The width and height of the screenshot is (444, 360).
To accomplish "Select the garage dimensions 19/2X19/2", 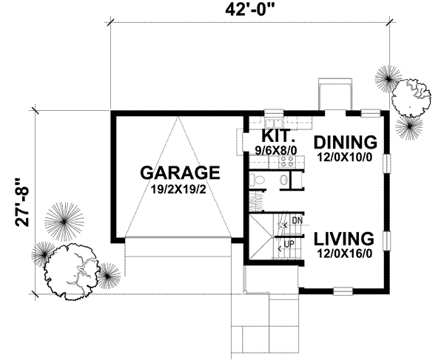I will coord(181,189).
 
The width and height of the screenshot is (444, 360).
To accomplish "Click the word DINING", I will coord(346,141).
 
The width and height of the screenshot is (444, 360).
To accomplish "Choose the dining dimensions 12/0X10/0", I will coord(346,157).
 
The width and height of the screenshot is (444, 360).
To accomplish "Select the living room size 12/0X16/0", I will coord(342,254).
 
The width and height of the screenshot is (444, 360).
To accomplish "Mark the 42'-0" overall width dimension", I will coord(251,10).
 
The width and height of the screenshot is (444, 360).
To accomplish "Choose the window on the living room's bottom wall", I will coord(343,290).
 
